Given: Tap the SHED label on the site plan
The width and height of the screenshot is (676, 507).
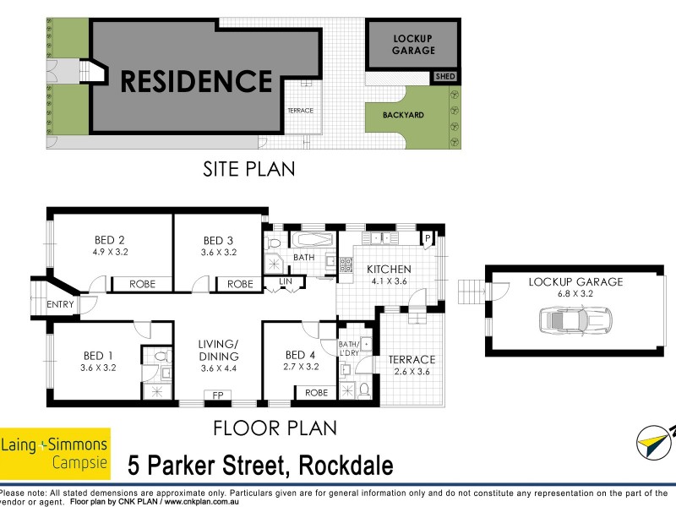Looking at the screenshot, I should click(x=444, y=77).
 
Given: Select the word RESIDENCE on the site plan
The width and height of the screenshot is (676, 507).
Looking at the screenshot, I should click(x=196, y=81).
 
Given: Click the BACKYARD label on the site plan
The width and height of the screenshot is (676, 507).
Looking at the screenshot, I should click(x=402, y=115).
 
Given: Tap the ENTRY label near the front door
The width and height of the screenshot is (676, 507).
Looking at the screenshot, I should click(x=61, y=304).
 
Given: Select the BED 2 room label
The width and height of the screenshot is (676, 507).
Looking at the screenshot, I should click(x=110, y=239).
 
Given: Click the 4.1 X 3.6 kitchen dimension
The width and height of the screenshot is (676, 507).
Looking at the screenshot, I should click(x=388, y=282).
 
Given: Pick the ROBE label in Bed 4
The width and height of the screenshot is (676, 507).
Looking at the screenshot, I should click(x=316, y=393).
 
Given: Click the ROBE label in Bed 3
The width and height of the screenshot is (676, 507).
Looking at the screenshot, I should click(x=240, y=284).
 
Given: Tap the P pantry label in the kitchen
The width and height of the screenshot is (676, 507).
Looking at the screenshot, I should click(x=428, y=239).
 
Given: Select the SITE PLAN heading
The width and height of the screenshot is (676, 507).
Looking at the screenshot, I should click(x=248, y=169).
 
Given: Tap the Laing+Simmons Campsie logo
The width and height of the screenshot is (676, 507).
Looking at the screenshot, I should click(x=55, y=453).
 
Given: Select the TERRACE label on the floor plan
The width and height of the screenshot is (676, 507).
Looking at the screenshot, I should click(x=412, y=359).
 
